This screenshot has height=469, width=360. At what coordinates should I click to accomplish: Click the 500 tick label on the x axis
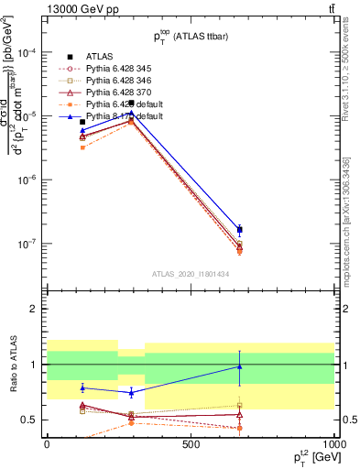(191, 442)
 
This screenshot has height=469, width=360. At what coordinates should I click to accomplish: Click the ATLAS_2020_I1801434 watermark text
(191, 274)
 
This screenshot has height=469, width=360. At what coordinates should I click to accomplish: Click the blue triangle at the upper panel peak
(133, 114)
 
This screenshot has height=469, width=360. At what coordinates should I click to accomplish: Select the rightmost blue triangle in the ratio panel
(239, 366)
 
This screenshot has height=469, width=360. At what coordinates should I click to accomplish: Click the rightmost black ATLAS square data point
(239, 229)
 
